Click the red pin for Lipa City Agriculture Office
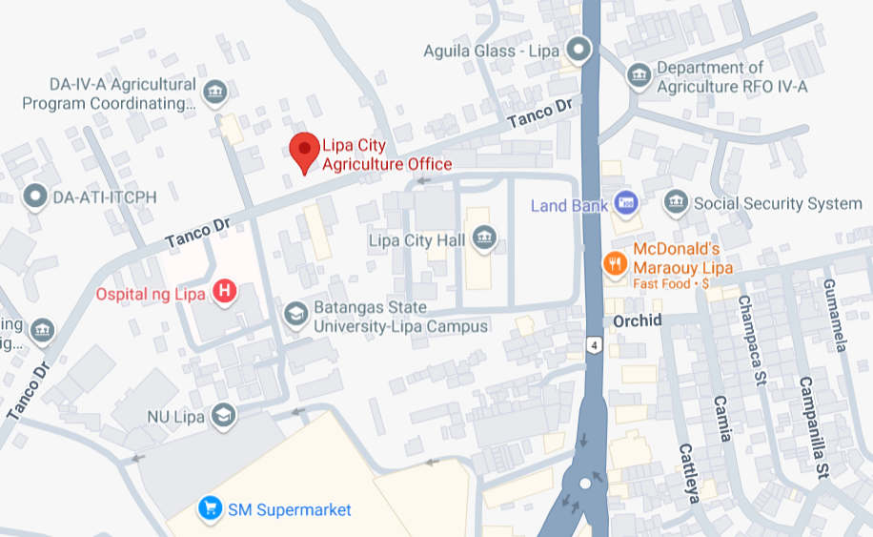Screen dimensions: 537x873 [x=304, y=151]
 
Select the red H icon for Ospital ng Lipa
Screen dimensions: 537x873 [x=224, y=292]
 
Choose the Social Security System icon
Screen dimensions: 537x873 [x=676, y=202]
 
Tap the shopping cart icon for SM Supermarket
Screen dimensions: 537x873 [x=210, y=509]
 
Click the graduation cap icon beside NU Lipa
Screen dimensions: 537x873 [x=223, y=417]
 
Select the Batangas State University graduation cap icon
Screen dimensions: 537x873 [x=296, y=314]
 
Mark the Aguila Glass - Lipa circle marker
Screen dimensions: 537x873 [x=579, y=48]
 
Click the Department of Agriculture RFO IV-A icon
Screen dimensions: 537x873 [x=639, y=73]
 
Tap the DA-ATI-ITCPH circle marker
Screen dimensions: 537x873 [x=36, y=196]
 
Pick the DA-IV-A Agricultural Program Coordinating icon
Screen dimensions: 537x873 [x=216, y=93]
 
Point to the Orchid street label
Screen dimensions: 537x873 [x=637, y=320]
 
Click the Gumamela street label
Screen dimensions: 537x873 [x=833, y=315]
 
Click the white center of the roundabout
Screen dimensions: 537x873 [x=584, y=484]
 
